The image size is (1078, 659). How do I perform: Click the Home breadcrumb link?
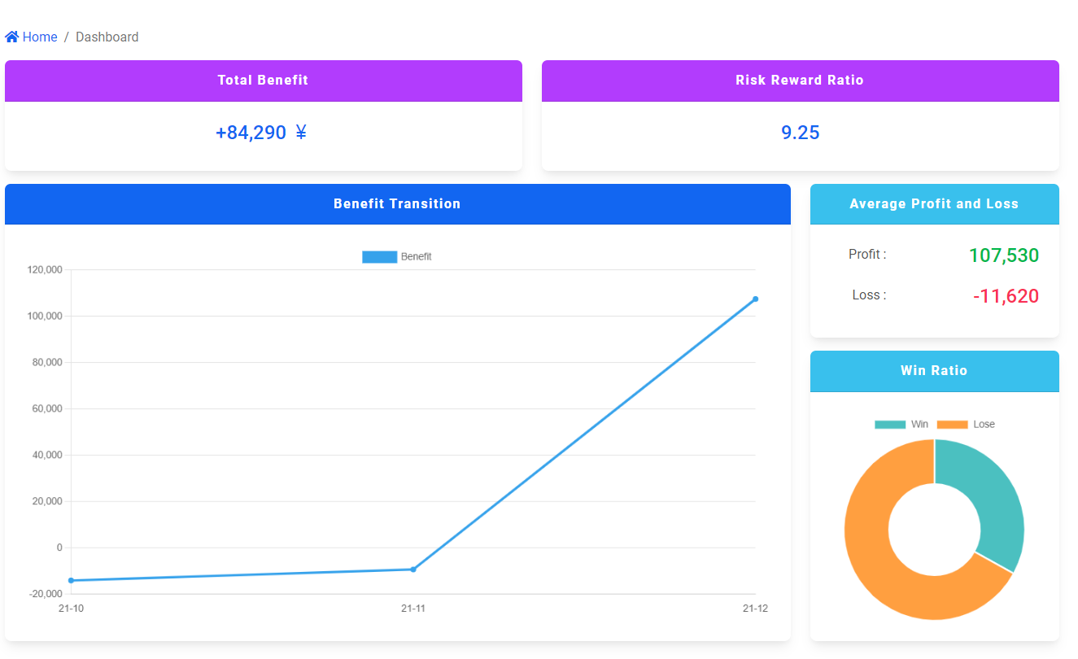39,37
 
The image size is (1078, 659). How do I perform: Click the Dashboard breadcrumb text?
107,37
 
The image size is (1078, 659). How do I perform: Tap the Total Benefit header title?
263,81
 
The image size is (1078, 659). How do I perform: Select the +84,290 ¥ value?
261,133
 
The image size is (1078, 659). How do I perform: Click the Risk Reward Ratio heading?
800,81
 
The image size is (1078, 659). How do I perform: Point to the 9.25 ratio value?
800,133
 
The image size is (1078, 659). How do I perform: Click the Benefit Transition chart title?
397,204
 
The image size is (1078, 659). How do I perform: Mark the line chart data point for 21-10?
72,580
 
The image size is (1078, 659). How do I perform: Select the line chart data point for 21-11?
413,570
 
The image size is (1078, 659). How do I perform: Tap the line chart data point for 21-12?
755,299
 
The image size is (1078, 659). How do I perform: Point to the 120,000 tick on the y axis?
45,270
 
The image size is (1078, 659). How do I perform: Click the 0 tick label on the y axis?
59,548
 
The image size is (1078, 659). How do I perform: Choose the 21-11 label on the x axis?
413,609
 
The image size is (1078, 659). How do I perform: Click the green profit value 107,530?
1004,255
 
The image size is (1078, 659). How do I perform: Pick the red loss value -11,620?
1006,296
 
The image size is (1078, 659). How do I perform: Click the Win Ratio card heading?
934,371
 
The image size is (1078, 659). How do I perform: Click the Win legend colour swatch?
889,425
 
